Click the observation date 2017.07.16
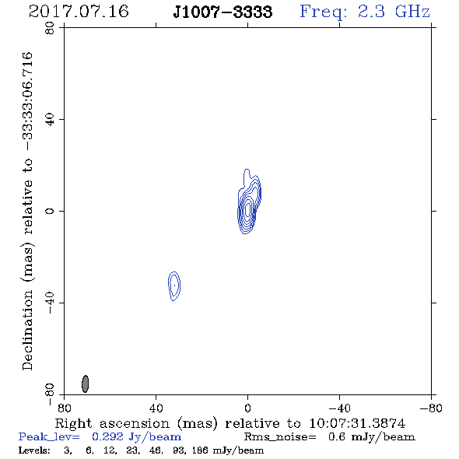(x=79, y=12)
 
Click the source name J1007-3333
(x=222, y=12)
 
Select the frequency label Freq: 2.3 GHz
(x=365, y=12)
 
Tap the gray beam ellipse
(x=85, y=384)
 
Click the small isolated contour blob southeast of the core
(x=174, y=286)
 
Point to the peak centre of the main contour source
(x=248, y=209)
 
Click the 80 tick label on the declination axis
(x=50, y=28)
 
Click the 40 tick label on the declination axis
(x=50, y=120)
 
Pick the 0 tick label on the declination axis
(x=50, y=211)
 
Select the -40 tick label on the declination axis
(x=50, y=303)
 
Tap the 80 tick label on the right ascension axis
(x=64, y=408)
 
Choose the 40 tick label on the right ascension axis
(x=156, y=408)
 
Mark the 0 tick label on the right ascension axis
(x=247, y=408)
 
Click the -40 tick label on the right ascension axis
(x=339, y=408)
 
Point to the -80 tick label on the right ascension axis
(x=431, y=408)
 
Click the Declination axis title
(x=28, y=211)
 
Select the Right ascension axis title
(x=230, y=423)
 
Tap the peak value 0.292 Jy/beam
(x=136, y=437)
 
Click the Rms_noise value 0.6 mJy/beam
(x=371, y=437)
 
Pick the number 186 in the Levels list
(x=201, y=450)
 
